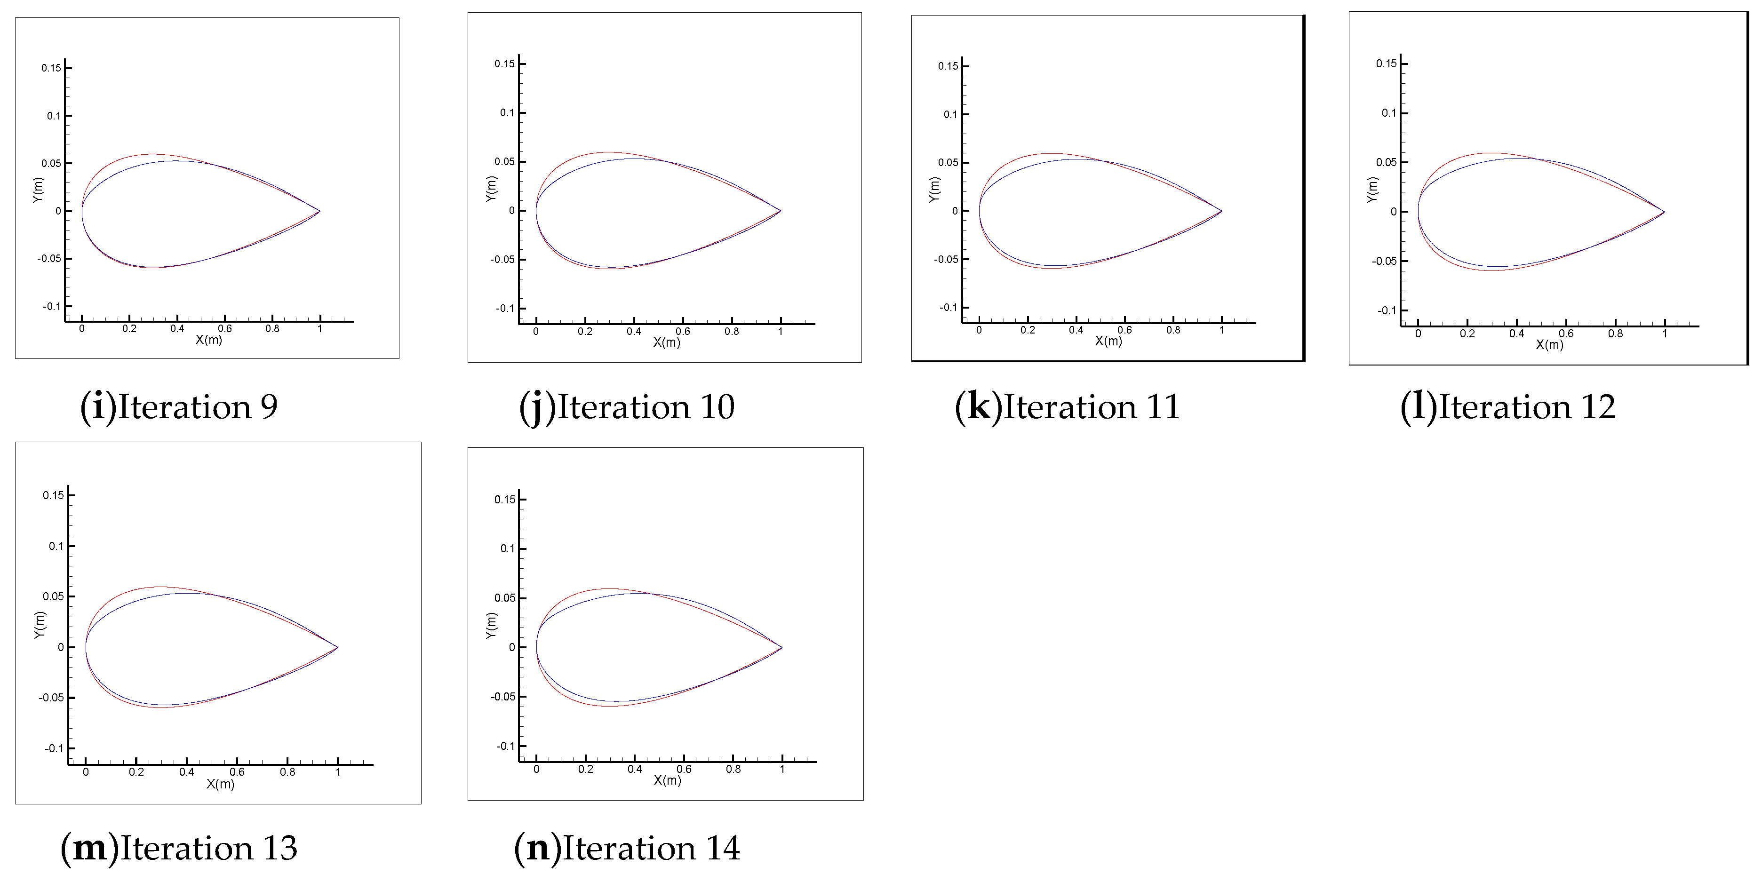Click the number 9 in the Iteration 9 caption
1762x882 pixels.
(269, 407)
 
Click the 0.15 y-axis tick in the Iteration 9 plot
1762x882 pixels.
(51, 68)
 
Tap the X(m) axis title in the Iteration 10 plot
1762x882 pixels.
(666, 342)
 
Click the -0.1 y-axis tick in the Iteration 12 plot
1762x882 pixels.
(1387, 310)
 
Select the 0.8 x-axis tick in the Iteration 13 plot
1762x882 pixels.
(287, 772)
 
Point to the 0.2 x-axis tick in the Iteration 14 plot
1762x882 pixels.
(585, 769)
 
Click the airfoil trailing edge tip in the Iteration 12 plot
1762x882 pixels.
(1664, 212)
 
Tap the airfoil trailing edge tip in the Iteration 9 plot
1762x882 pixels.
(319, 211)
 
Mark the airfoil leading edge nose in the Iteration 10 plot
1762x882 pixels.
(536, 211)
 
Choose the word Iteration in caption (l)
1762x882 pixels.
(1505, 407)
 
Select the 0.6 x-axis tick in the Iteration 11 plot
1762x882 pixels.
(1124, 330)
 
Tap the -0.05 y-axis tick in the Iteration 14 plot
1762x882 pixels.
(503, 697)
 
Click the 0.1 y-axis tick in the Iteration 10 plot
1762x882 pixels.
(507, 113)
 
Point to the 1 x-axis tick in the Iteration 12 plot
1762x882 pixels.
(1665, 334)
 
